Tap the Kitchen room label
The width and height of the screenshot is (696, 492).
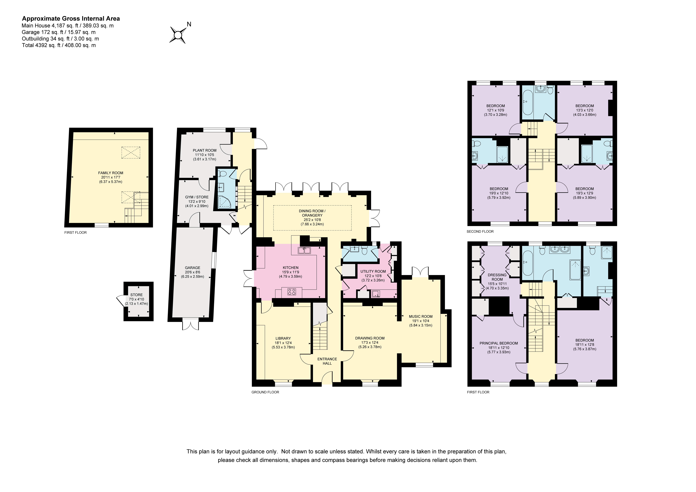[x=290, y=267]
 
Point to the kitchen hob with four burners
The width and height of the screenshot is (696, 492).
[x=292, y=292]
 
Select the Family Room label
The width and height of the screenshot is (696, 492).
[x=111, y=173]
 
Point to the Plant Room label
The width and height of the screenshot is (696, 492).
[x=205, y=150]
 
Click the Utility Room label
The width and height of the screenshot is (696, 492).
[x=373, y=272]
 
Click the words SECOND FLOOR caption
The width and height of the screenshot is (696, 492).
[x=480, y=231]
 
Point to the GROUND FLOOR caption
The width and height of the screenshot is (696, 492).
[x=265, y=392]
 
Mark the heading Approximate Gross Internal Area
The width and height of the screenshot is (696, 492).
[x=71, y=19]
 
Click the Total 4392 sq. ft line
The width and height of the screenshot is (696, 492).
[x=59, y=45]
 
